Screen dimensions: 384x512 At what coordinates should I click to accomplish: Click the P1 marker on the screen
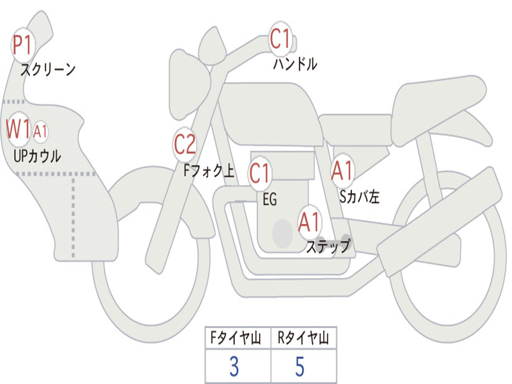[x=22, y=45]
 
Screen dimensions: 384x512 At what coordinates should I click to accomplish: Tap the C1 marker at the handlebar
[x=280, y=38]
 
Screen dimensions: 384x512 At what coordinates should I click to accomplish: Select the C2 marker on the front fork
[x=184, y=144]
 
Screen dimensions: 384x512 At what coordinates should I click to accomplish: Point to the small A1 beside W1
[x=40, y=132]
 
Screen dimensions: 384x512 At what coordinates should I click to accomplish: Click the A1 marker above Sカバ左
[x=342, y=171]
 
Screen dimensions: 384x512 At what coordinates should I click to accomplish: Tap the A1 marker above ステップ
[x=309, y=222]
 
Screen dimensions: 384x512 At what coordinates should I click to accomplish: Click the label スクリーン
[x=48, y=69]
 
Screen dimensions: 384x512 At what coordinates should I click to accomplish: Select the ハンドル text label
[x=295, y=64]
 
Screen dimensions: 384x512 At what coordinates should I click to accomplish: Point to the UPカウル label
[x=37, y=155]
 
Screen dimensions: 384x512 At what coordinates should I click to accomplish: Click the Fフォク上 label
[x=208, y=171]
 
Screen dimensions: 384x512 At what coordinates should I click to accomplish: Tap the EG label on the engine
[x=269, y=200]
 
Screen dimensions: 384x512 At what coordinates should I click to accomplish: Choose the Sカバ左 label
[x=359, y=197]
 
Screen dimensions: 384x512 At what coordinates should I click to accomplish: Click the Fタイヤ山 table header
[x=237, y=339]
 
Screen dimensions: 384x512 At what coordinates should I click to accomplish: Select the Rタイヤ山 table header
[x=303, y=339]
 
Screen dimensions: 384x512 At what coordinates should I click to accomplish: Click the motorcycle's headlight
[x=188, y=82]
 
